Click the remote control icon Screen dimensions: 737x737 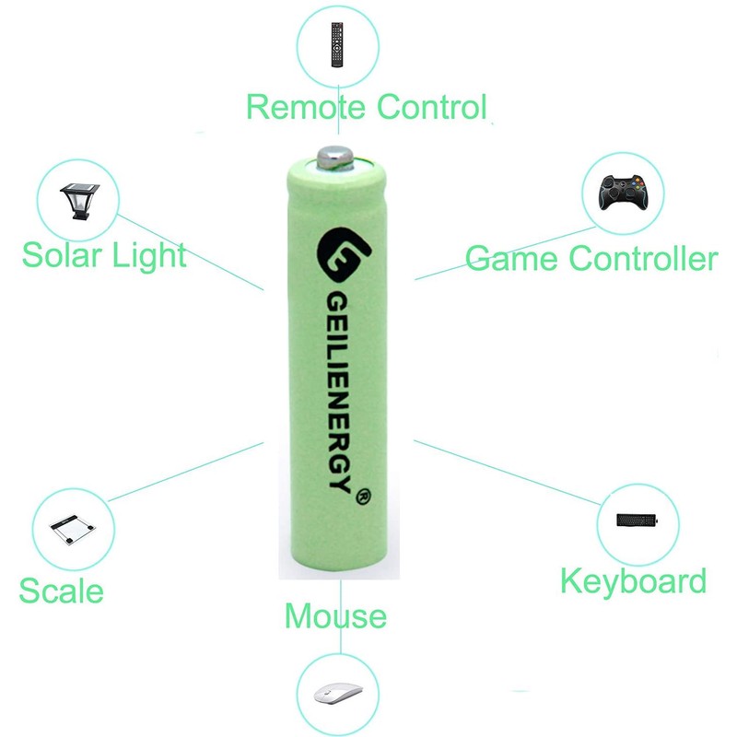click(337, 43)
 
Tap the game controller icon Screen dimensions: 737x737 click(622, 193)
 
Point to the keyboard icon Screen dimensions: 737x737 click(638, 520)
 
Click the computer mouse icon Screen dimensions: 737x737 click(335, 693)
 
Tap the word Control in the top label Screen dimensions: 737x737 click(427, 107)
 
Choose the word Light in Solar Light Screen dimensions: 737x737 click(148, 255)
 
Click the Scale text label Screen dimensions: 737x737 click(61, 591)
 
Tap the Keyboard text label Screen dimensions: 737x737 click(633, 581)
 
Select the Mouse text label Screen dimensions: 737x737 click(335, 614)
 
